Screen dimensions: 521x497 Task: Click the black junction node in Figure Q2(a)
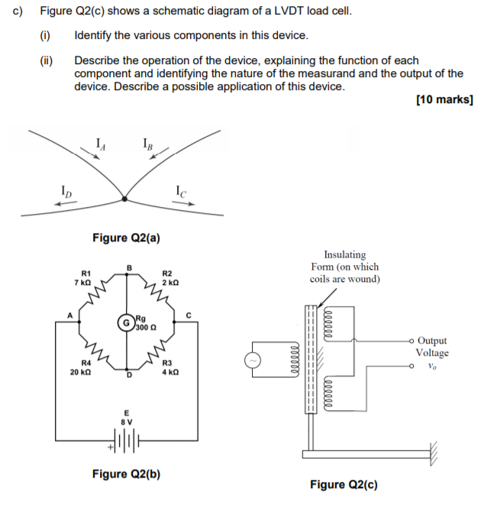(x=124, y=199)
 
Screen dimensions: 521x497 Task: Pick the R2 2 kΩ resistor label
(x=169, y=278)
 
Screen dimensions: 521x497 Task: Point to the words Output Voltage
(x=432, y=346)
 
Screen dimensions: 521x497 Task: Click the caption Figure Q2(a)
(x=126, y=238)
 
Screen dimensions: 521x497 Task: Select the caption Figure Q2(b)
(x=126, y=474)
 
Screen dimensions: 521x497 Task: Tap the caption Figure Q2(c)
(x=344, y=484)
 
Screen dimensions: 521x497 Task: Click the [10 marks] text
(x=445, y=100)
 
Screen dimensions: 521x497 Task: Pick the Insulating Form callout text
(x=344, y=267)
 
